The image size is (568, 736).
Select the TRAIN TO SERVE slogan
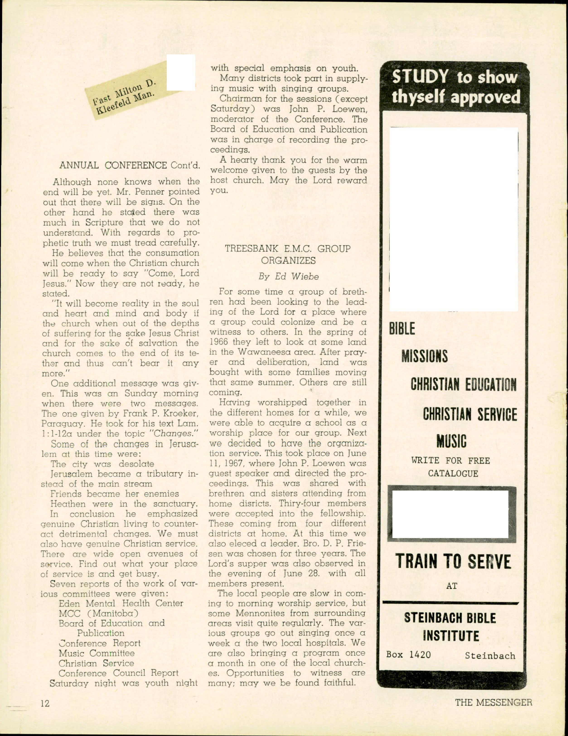(453, 561)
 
